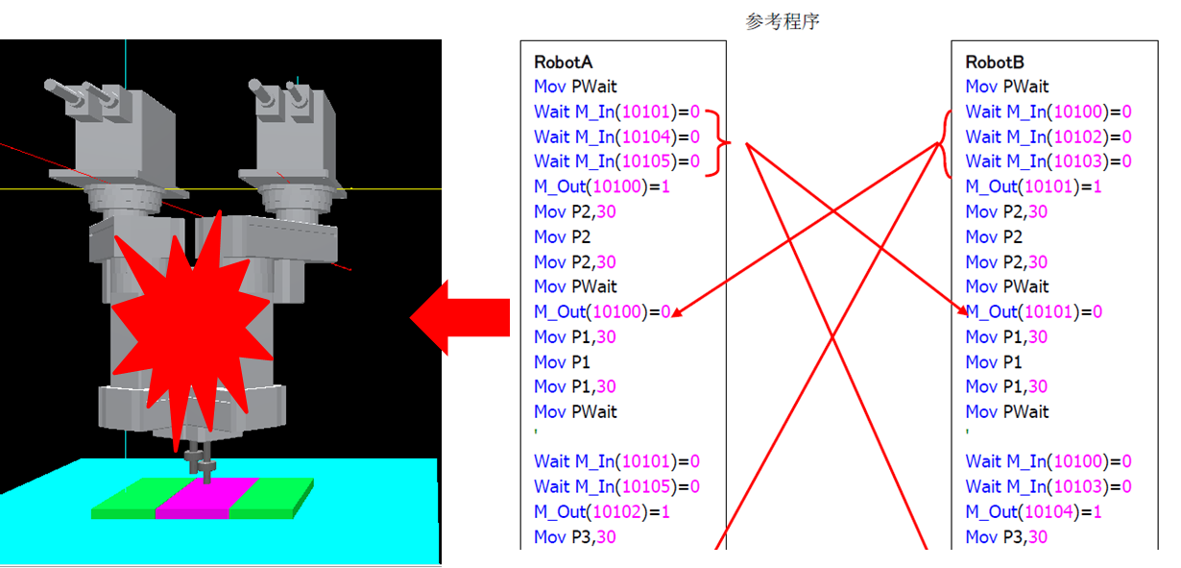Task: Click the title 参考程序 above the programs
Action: (x=782, y=21)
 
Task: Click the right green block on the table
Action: (x=269, y=497)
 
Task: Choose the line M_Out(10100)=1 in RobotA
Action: (x=601, y=186)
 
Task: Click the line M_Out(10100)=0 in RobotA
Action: (x=601, y=311)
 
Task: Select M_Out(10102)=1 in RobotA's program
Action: (x=601, y=511)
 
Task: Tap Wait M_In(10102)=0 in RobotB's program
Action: (x=1048, y=136)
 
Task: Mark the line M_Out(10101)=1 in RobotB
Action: (x=1033, y=186)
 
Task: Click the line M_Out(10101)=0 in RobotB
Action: (x=1033, y=311)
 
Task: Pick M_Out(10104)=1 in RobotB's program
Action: (x=1033, y=511)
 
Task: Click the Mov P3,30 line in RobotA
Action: (x=574, y=536)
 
